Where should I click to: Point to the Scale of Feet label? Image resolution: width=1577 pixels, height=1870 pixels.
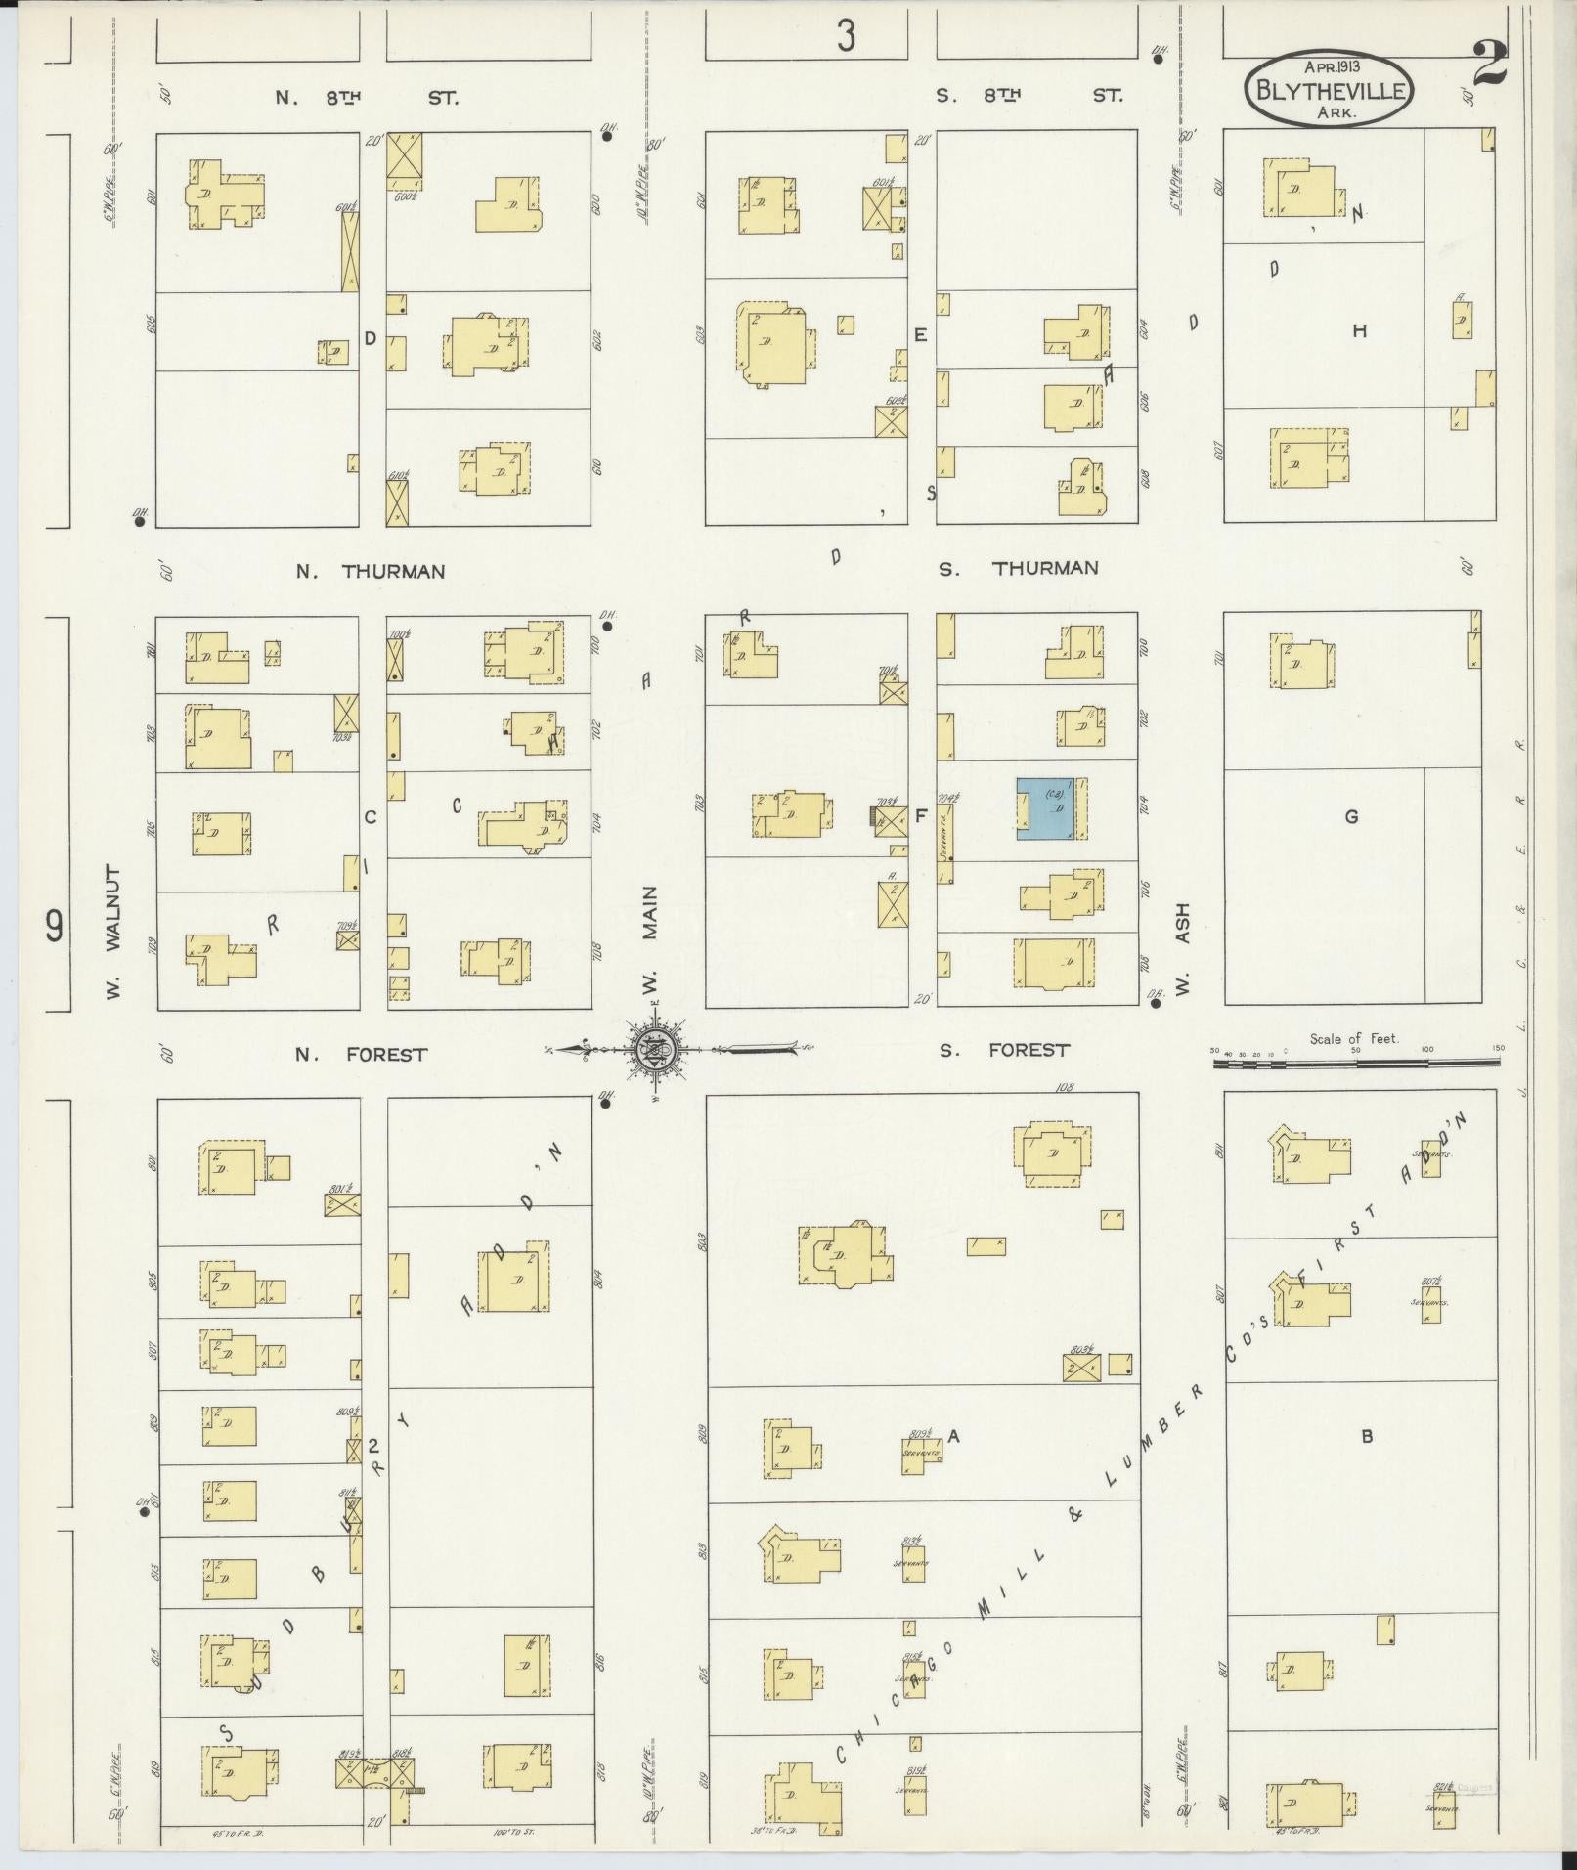[1353, 1038]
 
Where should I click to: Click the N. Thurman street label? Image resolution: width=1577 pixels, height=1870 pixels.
[371, 572]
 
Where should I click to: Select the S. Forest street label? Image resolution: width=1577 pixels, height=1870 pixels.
[1004, 1050]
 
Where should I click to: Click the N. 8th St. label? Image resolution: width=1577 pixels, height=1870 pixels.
[367, 98]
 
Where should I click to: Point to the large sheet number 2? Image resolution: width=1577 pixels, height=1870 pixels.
[1489, 66]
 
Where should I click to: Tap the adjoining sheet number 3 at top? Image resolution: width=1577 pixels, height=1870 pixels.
[846, 36]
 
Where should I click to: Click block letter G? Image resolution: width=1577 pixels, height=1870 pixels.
[1352, 816]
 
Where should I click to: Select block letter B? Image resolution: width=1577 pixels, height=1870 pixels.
[1368, 1436]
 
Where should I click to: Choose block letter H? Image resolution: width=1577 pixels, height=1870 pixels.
[1359, 331]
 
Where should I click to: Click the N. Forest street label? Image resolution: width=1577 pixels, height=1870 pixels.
[362, 1055]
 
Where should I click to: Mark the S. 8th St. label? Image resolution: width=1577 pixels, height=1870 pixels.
[1029, 95]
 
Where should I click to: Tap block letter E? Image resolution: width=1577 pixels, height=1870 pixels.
[920, 335]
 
